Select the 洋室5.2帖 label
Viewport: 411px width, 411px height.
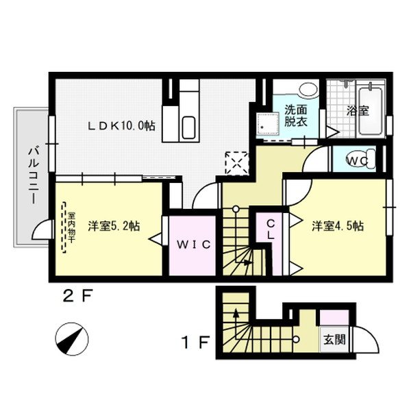tap(114, 226)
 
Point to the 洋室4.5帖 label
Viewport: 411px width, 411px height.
tap(338, 225)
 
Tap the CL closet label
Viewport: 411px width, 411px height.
tap(271, 229)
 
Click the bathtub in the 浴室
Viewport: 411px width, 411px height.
tap(371, 110)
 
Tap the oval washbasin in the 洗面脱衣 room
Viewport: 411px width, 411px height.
tap(308, 90)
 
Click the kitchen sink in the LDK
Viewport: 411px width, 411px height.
tap(188, 127)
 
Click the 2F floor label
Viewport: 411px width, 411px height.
tap(77, 297)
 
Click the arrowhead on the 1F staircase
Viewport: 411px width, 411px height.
tap(237, 314)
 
